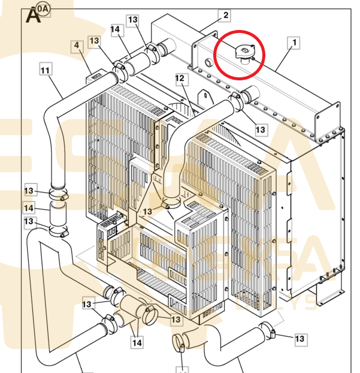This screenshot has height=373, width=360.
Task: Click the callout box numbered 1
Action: (x=294, y=43)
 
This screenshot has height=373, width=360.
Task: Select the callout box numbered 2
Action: (x=226, y=16)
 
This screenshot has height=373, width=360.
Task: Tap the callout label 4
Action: (x=77, y=46)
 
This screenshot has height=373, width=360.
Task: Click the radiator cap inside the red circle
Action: (x=244, y=53)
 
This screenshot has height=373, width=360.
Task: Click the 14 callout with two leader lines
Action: (x=137, y=342)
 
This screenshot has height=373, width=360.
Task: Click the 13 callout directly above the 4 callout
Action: (x=94, y=41)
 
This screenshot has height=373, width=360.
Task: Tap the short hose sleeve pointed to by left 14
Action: (x=58, y=212)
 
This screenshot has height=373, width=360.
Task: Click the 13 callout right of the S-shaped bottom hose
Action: (x=300, y=339)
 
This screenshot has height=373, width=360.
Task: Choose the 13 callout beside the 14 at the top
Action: (x=132, y=20)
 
